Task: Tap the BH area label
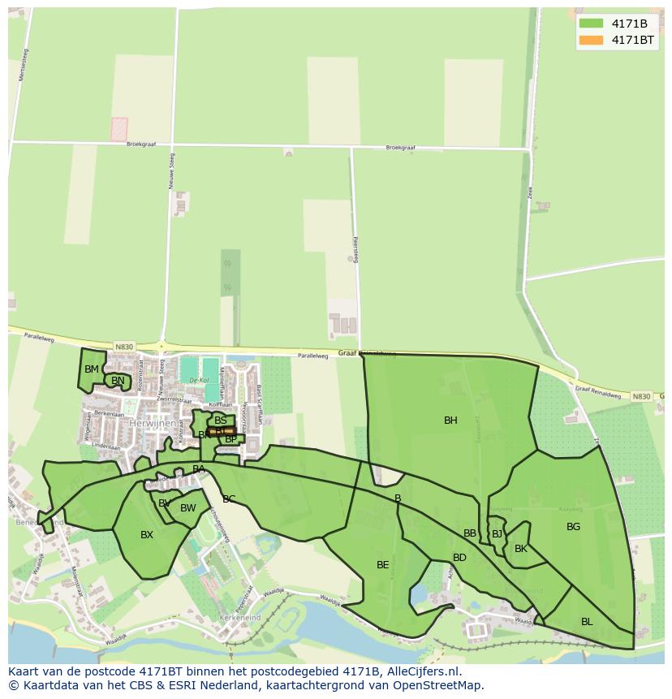pyautogui.click(x=450, y=421)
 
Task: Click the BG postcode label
pyautogui.click(x=573, y=527)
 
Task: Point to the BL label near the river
pyautogui.click(x=587, y=622)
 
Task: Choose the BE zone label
pyautogui.click(x=383, y=565)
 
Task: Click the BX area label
pyautogui.click(x=147, y=535)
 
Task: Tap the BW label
pyautogui.click(x=188, y=509)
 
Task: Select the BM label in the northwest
pyautogui.click(x=92, y=369)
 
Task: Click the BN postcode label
pyautogui.click(x=118, y=381)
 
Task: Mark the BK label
pyautogui.click(x=521, y=550)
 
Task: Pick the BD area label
pyautogui.click(x=459, y=558)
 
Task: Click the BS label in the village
pyautogui.click(x=221, y=421)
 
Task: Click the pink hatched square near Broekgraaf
pyautogui.click(x=119, y=129)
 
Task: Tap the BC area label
pyautogui.click(x=229, y=499)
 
